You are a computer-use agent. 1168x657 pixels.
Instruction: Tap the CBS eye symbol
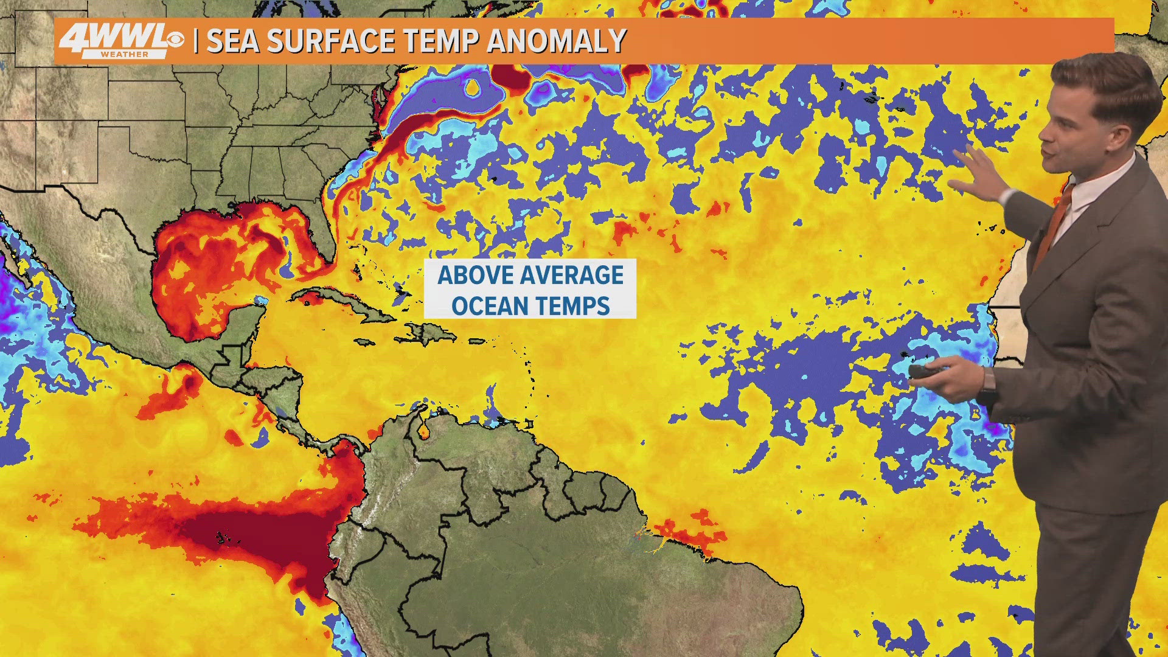pyautogui.click(x=175, y=40)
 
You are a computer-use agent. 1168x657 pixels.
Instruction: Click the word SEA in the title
pyautogui.click(x=233, y=41)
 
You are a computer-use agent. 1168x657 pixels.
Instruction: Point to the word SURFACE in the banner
pyautogui.click(x=331, y=41)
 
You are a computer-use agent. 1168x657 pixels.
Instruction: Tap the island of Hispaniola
pyautogui.click(x=432, y=333)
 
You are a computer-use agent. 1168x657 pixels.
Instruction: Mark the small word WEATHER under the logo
pyautogui.click(x=125, y=55)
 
